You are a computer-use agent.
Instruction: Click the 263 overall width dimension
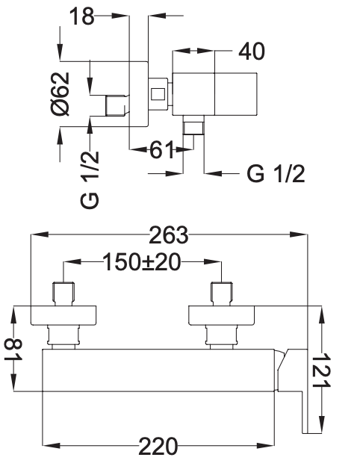(x=169, y=235)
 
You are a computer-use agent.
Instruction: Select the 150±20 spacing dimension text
(x=142, y=262)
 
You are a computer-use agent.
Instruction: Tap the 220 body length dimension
(x=158, y=446)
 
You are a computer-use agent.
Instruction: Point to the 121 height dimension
(x=321, y=370)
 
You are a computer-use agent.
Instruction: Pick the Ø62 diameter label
(x=60, y=94)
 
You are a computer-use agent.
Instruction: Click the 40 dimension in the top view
(x=252, y=52)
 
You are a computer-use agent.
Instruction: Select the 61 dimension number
(x=162, y=149)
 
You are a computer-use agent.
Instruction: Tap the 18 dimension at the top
(x=82, y=16)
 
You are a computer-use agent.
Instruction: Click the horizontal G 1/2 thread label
(x=276, y=173)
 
